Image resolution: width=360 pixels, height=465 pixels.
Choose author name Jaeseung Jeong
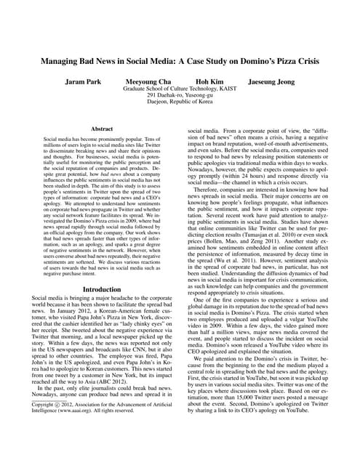point(279,82)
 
